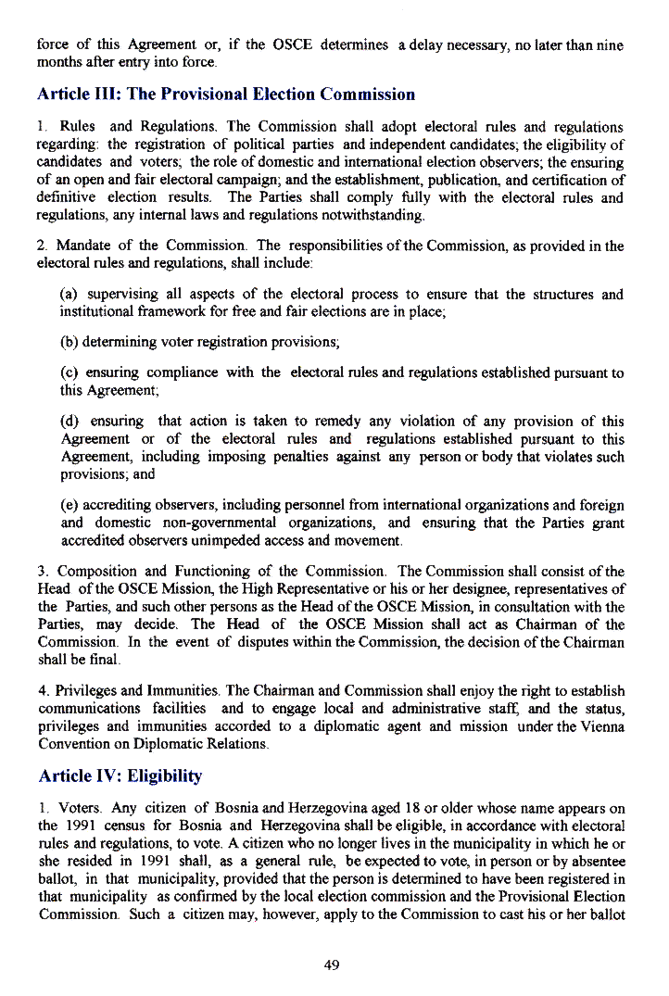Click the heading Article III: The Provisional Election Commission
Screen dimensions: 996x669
tap(226, 95)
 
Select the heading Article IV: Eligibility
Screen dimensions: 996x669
tap(120, 775)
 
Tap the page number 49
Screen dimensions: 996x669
tap(333, 965)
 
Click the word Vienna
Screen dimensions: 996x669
tap(600, 726)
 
